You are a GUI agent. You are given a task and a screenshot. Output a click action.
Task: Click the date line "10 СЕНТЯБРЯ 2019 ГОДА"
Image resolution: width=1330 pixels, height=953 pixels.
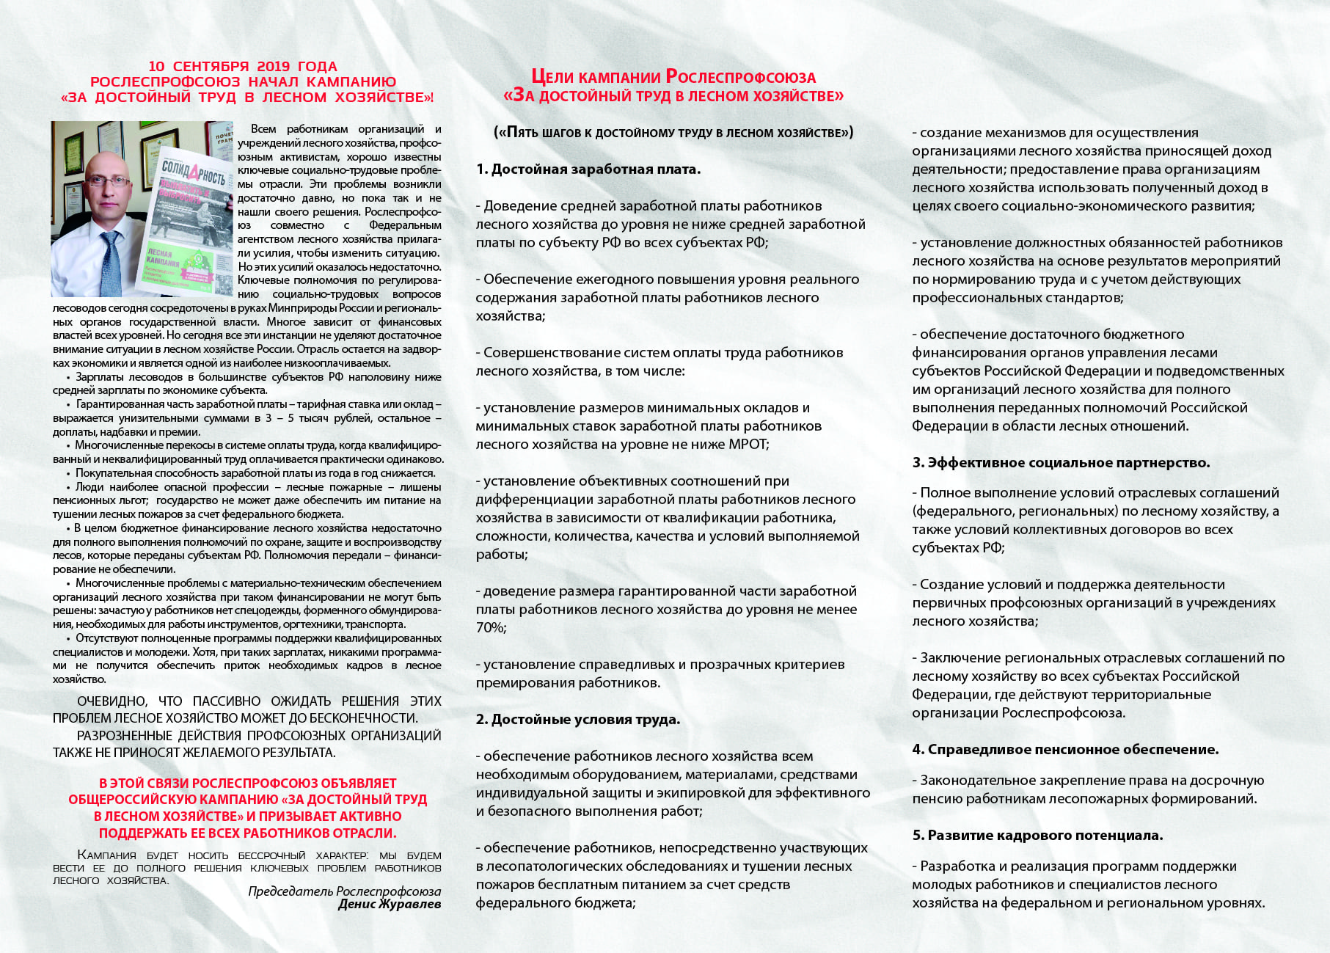pos(243,67)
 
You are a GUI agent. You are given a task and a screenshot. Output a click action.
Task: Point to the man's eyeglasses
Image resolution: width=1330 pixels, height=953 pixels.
pos(107,180)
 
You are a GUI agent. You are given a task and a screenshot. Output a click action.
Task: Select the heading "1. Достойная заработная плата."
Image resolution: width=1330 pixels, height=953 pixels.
pos(588,169)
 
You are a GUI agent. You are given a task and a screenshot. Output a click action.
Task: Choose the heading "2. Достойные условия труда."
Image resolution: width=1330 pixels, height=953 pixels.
pos(578,720)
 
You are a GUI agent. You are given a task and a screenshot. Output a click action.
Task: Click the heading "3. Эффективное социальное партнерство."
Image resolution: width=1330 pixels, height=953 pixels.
pos(1061,463)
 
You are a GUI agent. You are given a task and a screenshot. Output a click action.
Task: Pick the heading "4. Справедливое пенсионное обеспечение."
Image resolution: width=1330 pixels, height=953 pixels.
pos(1065,750)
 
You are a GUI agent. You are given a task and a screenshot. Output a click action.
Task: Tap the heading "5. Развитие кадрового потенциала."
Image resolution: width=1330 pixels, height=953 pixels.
pos(1037,836)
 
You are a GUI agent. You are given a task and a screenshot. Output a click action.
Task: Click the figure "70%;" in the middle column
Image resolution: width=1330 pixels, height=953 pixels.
pos(491,628)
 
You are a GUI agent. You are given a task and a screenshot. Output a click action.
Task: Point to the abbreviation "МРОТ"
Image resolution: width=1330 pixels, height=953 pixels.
pos(748,445)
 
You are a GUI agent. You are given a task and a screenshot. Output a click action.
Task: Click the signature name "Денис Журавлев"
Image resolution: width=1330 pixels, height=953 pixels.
pos(390,905)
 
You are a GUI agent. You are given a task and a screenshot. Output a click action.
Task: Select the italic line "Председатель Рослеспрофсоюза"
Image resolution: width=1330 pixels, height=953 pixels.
pos(344,891)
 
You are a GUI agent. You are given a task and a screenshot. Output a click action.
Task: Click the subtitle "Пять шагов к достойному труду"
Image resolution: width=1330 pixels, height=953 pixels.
pos(673,133)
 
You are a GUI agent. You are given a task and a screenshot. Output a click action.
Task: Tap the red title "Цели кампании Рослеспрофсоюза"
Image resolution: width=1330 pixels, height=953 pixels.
pos(673,77)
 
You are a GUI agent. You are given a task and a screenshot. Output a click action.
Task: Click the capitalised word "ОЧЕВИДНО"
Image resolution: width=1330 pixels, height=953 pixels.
pos(112,701)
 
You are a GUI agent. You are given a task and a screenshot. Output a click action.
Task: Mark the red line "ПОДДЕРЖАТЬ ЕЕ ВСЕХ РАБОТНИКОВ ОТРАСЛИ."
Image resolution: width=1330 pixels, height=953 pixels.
pos(247,833)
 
